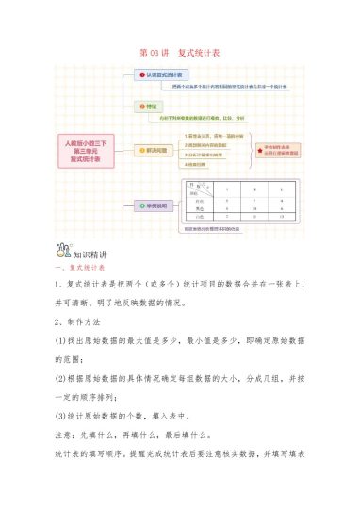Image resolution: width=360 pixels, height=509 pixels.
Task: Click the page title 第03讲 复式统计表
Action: (179, 53)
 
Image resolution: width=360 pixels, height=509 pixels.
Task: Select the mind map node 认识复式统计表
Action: (163, 73)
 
